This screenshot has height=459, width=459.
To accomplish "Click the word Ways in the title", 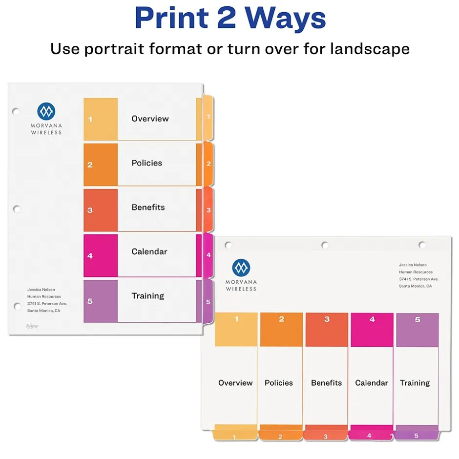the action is (x=285, y=19).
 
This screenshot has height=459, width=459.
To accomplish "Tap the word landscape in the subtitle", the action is (x=370, y=49).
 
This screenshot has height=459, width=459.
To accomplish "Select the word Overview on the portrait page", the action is (x=150, y=119).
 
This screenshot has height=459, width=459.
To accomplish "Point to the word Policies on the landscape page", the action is (x=279, y=383).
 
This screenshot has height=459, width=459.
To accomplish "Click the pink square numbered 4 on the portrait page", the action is (x=101, y=255).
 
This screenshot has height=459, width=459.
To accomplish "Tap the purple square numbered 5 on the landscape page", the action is (x=417, y=330).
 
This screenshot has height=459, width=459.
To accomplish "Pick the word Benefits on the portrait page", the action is (x=148, y=207).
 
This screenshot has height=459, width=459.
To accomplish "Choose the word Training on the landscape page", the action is (x=415, y=383).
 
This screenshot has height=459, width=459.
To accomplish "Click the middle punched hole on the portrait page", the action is (x=17, y=209).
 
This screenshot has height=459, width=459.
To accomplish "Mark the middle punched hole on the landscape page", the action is (x=325, y=245).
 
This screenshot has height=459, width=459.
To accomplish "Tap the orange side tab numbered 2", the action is (x=208, y=164).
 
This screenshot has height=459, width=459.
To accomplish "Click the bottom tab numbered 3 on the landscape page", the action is (x=326, y=435).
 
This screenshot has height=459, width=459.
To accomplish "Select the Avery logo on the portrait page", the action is (x=32, y=326).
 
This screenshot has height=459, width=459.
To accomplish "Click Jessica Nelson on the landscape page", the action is (x=413, y=265).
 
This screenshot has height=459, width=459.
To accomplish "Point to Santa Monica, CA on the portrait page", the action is (x=43, y=311).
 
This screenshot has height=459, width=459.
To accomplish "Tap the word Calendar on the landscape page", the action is (x=372, y=383).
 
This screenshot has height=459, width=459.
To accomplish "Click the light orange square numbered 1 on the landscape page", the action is (x=236, y=330).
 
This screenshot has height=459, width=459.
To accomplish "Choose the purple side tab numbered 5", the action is (x=208, y=301).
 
